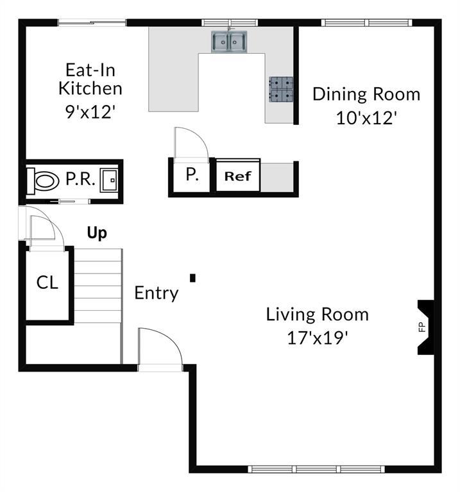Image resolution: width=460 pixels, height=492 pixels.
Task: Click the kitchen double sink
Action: [x=230, y=42]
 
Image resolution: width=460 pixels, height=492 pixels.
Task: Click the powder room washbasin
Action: [x=109, y=181]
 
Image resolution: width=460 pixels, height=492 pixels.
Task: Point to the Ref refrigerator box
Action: [x=238, y=176]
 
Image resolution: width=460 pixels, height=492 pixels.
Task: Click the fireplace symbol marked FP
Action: [x=423, y=327]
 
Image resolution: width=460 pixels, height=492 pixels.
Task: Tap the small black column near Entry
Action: [x=192, y=277]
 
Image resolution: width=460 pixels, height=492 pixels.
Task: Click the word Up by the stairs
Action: [x=97, y=233]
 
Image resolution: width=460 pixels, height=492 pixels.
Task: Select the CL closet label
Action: [x=47, y=283]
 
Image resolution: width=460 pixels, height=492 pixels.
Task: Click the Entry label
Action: [x=156, y=293]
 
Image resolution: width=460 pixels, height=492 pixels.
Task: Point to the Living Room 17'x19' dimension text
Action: [x=318, y=338]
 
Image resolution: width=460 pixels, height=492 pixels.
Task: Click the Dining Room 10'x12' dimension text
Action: [x=366, y=118]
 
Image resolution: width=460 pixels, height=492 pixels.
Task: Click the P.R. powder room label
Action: [x=81, y=180]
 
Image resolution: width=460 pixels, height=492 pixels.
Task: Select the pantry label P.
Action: [x=191, y=174]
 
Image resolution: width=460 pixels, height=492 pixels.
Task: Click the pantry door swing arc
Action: [x=192, y=141]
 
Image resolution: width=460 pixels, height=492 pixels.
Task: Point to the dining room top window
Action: [x=366, y=22]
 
